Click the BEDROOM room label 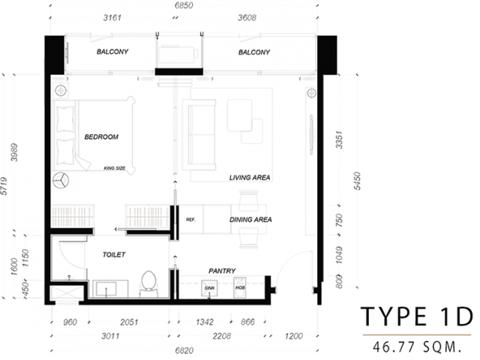coord(101,136)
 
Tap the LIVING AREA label coord(250,178)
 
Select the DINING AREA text coord(250,220)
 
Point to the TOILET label coord(114,255)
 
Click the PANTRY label coord(222,271)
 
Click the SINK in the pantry coord(209,288)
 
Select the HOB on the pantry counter coord(240,287)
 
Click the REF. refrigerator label coord(190,220)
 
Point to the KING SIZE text coord(115,168)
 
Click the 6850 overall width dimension coord(184,5)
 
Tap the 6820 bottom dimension coord(184,350)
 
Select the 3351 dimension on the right coord(339,140)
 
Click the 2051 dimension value coord(129,322)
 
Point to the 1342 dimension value coord(205,322)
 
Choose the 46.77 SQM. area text coord(417,346)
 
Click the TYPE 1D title coord(417,316)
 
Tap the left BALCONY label coord(112,52)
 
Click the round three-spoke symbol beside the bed coord(61,180)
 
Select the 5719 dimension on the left coord(4,186)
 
